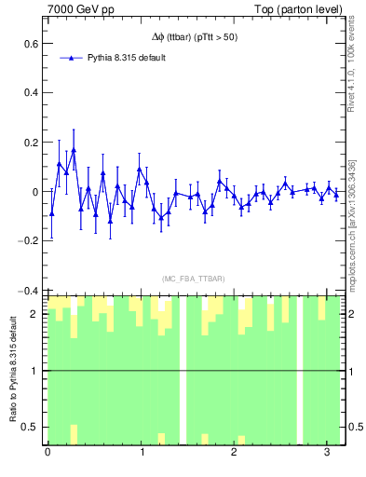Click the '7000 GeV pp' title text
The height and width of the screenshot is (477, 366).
[x=79, y=8]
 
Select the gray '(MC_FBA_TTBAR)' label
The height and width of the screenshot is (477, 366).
[x=190, y=278]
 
